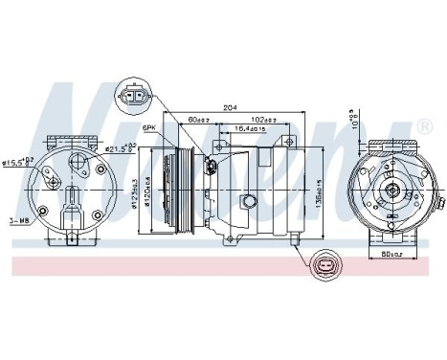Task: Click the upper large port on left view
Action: (x=73, y=160)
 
